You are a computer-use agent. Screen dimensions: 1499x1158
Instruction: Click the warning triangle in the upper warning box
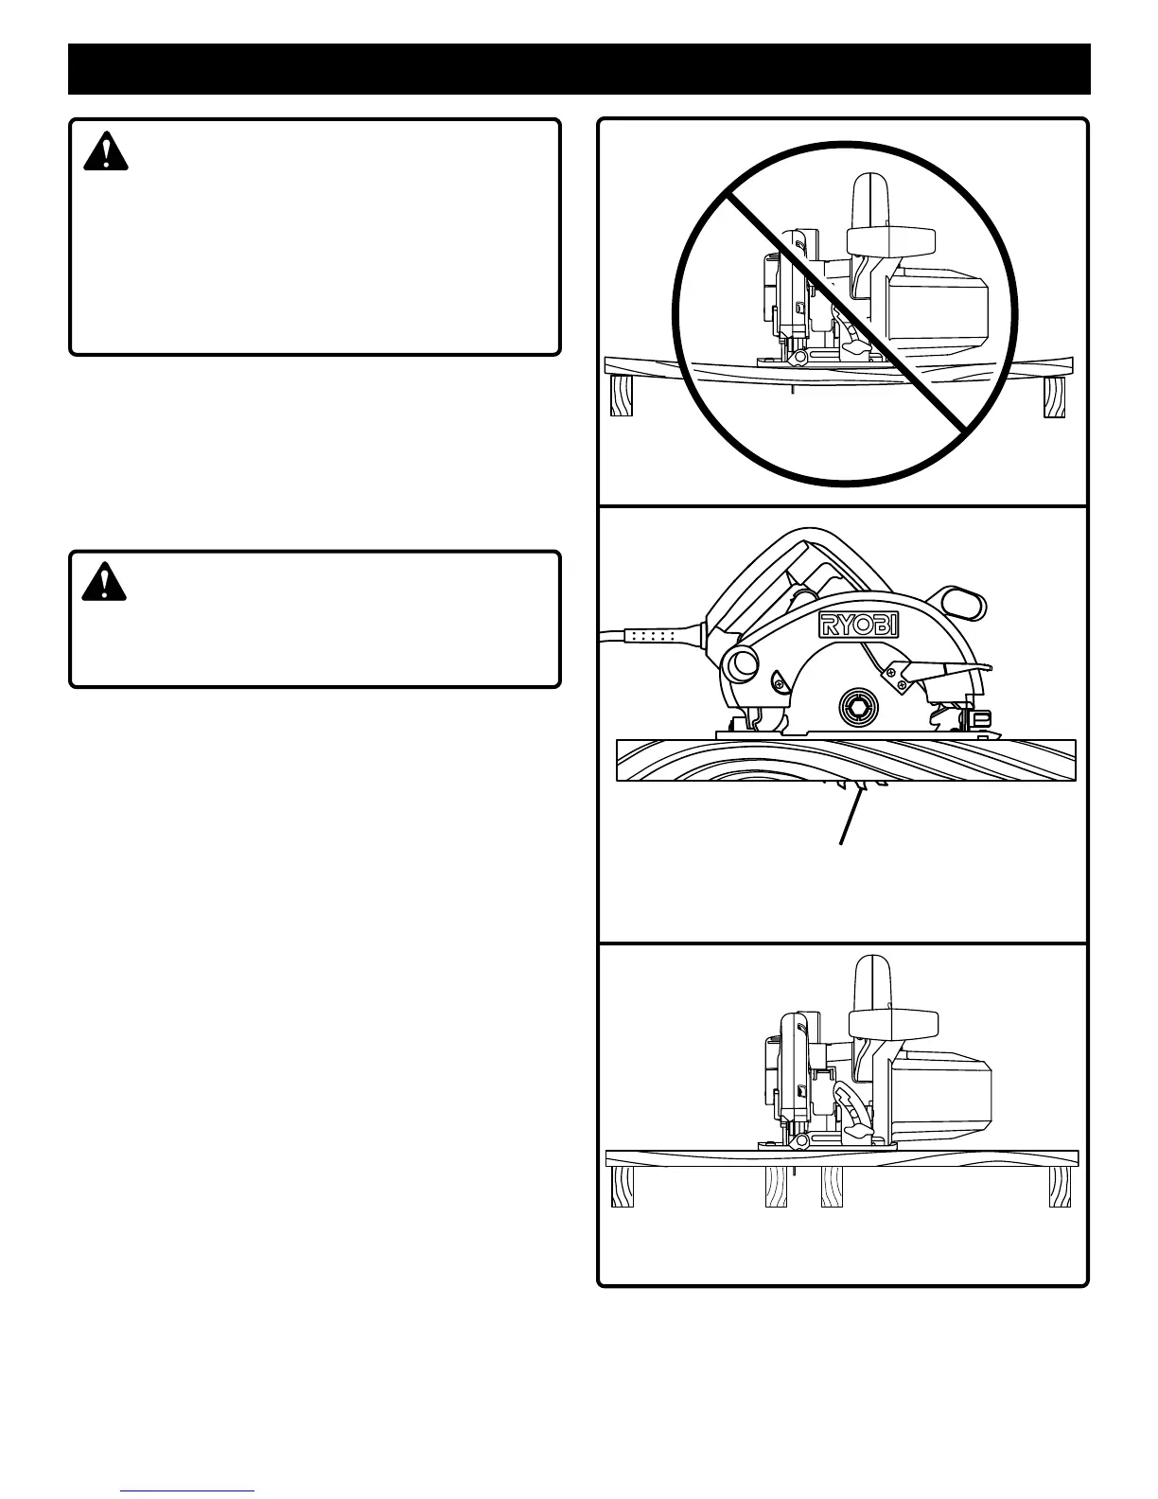106,151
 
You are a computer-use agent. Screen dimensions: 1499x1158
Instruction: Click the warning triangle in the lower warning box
104,582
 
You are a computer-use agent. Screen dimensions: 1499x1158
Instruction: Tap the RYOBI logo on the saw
858,625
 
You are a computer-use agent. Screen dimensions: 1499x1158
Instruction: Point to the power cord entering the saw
653,635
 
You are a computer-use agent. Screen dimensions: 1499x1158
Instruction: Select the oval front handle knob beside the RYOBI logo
963,602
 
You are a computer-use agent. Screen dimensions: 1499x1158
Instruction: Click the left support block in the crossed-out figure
622,396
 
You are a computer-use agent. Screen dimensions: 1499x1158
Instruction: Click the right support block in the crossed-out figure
1054,397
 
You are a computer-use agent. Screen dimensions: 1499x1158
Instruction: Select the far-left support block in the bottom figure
623,1187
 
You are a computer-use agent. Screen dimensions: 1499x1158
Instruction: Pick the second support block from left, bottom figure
777,1187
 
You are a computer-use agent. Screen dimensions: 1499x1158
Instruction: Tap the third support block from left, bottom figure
832,1187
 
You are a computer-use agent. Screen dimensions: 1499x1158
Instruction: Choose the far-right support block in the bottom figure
1060,1187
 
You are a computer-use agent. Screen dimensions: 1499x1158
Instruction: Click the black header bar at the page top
579,68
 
